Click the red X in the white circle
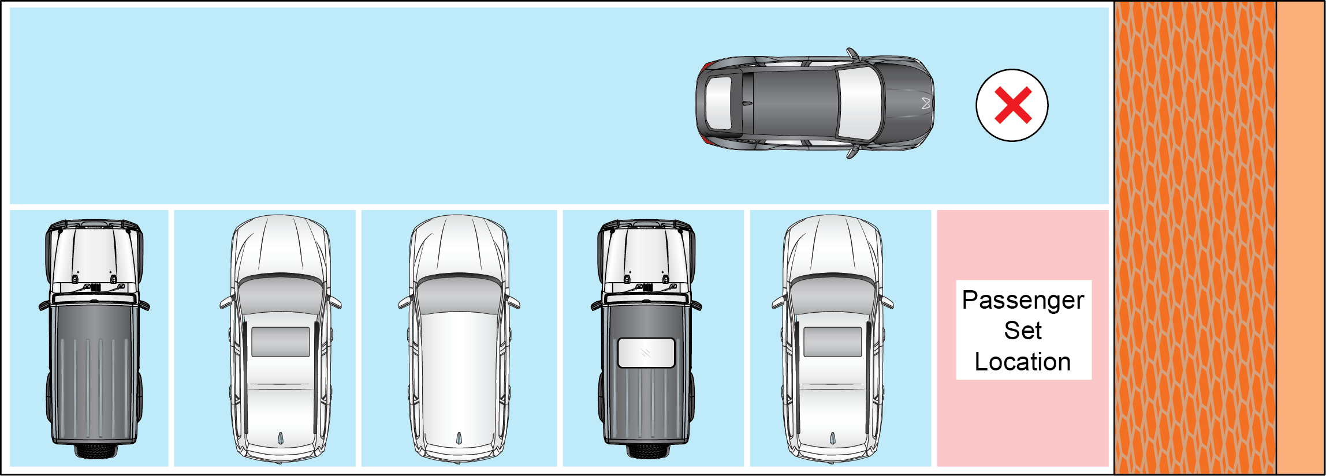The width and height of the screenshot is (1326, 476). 1013,105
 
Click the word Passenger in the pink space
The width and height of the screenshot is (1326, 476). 1023,301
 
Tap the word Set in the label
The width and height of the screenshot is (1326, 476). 1023,331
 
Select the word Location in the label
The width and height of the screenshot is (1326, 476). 1023,362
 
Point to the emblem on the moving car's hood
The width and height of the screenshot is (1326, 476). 926,103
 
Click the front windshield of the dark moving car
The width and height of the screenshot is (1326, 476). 860,103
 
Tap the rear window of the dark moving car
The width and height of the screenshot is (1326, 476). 718,103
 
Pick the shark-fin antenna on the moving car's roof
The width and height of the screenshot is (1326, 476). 747,103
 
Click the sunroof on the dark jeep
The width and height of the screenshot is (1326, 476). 646,353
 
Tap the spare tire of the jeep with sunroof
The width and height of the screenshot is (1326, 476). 646,451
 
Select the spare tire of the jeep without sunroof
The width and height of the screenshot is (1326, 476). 95,451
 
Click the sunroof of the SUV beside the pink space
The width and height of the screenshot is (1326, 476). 833,342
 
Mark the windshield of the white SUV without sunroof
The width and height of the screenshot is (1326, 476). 459,294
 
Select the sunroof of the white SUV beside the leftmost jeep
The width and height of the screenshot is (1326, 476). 281,342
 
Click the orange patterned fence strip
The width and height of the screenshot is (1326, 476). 1195,238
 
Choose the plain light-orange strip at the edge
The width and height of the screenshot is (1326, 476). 1301,238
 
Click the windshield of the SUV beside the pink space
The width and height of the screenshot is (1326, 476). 833,294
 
